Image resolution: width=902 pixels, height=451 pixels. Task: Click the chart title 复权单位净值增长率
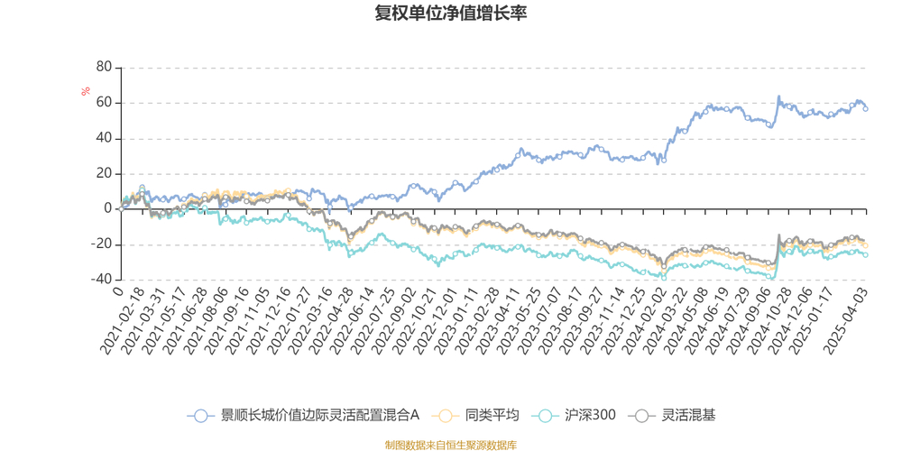click(x=451, y=14)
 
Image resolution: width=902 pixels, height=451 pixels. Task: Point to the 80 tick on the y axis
click(x=104, y=68)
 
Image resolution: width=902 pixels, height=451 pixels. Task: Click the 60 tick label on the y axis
click(x=104, y=103)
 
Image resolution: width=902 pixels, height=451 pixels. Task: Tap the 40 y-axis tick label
click(x=104, y=138)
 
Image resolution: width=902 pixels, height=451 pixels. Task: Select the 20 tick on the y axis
click(x=104, y=173)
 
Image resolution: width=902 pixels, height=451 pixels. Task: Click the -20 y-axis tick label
click(x=101, y=244)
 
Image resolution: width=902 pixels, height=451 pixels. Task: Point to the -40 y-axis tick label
click(x=101, y=280)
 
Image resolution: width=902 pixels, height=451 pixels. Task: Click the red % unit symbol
click(x=86, y=91)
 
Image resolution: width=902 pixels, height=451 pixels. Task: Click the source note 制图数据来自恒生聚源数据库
click(x=451, y=445)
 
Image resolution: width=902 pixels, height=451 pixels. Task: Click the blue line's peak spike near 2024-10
click(x=778, y=97)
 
